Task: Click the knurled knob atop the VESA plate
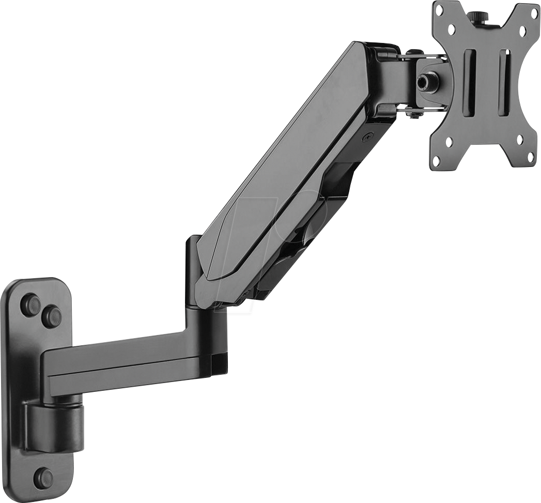(476, 17)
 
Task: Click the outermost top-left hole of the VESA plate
(440, 11)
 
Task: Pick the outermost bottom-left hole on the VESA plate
(437, 161)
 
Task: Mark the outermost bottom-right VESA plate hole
(530, 159)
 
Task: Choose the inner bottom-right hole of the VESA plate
(519, 139)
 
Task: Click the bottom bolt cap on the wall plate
(43, 478)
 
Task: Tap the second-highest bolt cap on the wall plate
(51, 316)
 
